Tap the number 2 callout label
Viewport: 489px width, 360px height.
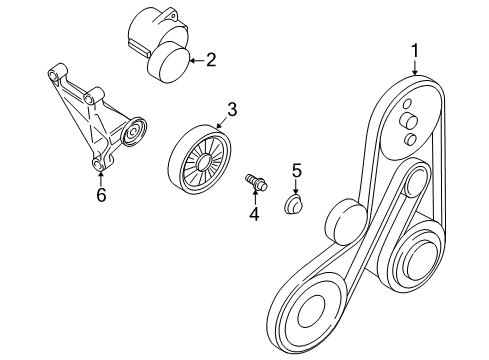click(x=211, y=61)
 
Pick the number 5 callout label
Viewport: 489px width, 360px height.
click(x=296, y=171)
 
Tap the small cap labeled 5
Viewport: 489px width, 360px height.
click(x=294, y=206)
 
